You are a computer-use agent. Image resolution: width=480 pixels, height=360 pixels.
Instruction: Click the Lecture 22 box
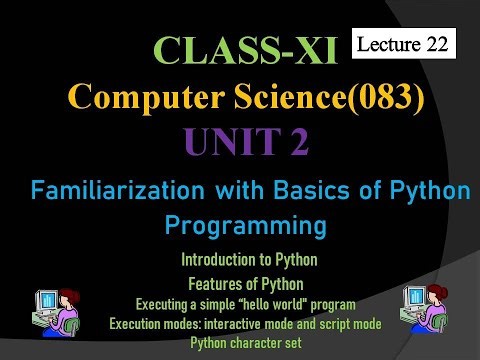[406, 43]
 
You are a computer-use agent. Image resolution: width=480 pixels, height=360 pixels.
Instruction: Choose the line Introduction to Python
[250, 260]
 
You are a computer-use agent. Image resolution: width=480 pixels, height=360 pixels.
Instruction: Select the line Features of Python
[250, 281]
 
